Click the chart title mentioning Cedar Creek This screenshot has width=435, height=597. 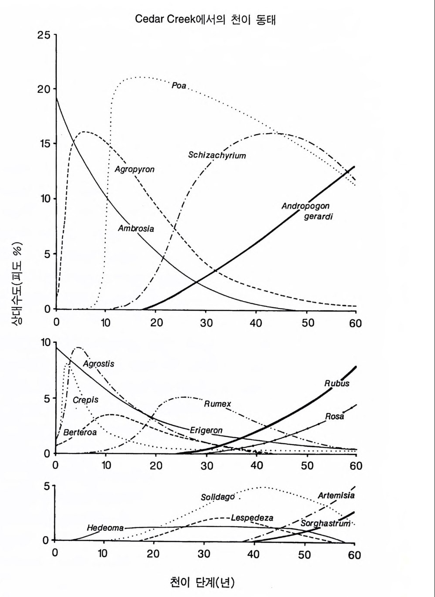(x=205, y=20)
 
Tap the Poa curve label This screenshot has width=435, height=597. (x=179, y=85)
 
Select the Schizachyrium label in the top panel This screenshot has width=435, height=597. (x=217, y=155)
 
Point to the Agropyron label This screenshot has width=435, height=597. (x=134, y=169)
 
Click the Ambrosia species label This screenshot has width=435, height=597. (x=136, y=228)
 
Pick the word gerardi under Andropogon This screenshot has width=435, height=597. (x=318, y=216)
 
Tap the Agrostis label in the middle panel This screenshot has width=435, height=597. (x=99, y=364)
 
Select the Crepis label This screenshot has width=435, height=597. (x=86, y=400)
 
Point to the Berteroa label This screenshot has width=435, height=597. (x=80, y=432)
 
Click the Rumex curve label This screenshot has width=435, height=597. (x=217, y=404)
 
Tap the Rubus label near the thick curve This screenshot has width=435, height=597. (x=337, y=384)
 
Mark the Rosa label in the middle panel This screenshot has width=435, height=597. (x=335, y=417)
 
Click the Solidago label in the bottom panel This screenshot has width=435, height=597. (x=218, y=497)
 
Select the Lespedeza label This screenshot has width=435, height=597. (x=252, y=518)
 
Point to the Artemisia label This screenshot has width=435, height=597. (x=336, y=495)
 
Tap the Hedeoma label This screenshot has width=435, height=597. (x=105, y=528)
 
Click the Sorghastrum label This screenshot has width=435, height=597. (x=325, y=523)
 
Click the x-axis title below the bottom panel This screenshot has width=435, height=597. (x=202, y=582)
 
